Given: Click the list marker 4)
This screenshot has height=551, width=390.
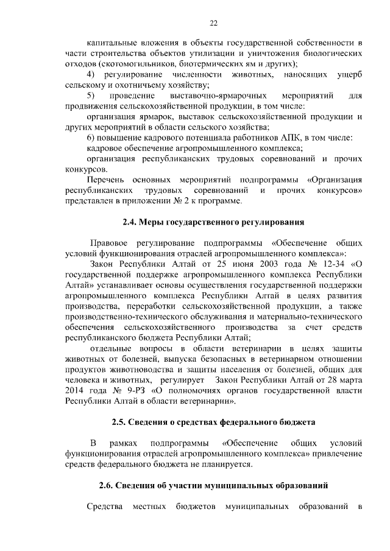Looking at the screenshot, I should pyautogui.click(x=92, y=74).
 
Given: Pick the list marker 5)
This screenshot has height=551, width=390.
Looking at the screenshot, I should pyautogui.click(x=91, y=96).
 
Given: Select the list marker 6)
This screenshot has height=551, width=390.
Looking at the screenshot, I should pyautogui.click(x=92, y=138).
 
